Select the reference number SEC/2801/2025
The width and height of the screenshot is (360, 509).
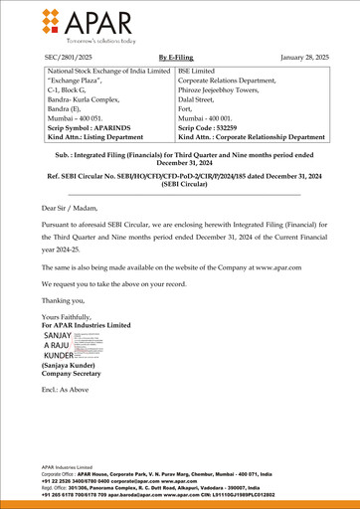click(x=70, y=59)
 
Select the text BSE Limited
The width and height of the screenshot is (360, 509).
click(x=200, y=72)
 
